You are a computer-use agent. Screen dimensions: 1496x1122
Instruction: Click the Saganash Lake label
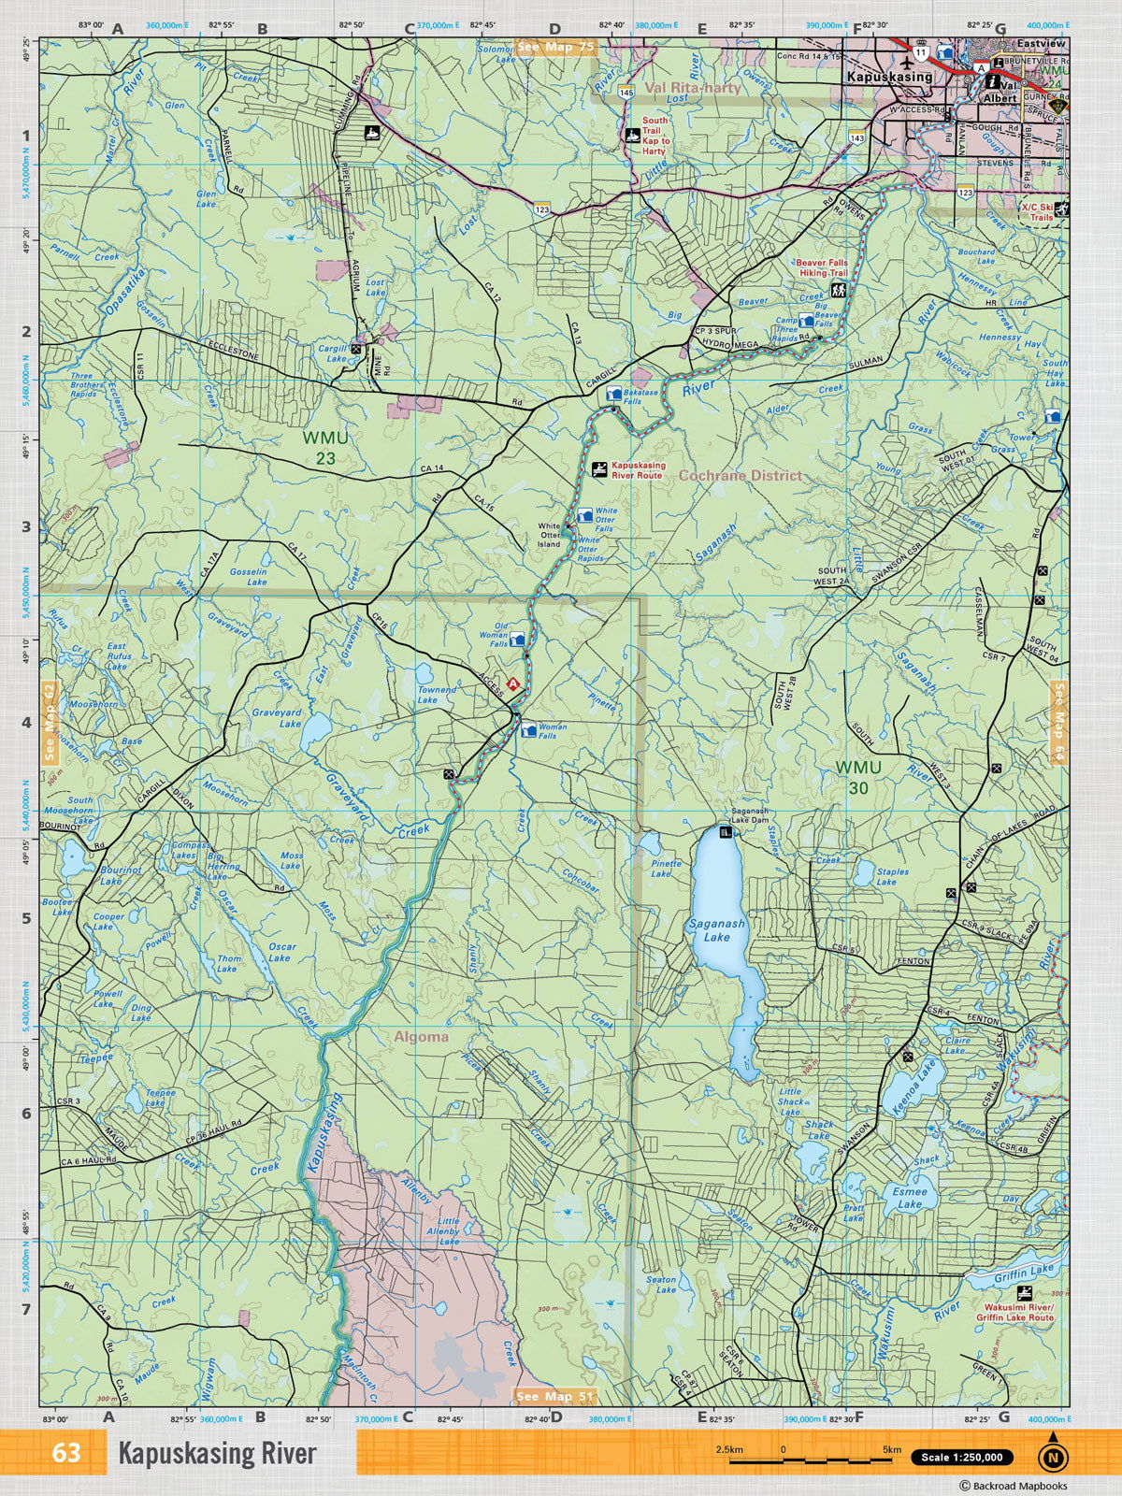tap(717, 929)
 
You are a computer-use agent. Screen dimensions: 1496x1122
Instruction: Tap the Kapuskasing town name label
tap(888, 78)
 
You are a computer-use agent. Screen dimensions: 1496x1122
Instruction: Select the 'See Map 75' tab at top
tap(555, 48)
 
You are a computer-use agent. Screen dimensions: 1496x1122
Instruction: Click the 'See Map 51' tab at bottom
tap(555, 1397)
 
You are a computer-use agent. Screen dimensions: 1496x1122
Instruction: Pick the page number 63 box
tap(66, 1453)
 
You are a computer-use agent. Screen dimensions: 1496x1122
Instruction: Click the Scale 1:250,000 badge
tap(962, 1457)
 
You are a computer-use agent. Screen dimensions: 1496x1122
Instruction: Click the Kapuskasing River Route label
tap(638, 469)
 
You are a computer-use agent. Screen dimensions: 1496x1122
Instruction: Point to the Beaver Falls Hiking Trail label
tap(822, 268)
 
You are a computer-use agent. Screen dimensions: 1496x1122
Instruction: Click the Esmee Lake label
tap(908, 1198)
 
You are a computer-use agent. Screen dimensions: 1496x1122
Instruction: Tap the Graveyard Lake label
tap(277, 717)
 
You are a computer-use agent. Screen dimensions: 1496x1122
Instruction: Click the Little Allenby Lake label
tap(448, 1231)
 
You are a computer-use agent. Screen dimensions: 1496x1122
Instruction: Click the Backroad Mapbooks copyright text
tap(1013, 1485)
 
